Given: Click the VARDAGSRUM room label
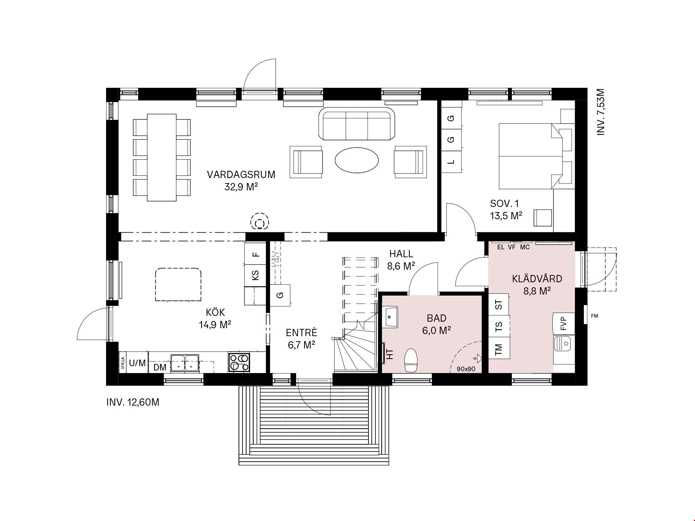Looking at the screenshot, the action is tap(241, 175).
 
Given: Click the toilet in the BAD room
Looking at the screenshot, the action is tap(411, 360).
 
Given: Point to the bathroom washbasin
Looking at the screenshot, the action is tap(391, 317).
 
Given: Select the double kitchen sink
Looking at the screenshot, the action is tap(185, 363).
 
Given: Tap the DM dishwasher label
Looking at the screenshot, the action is tap(160, 368).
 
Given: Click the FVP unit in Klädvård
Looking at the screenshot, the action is tap(564, 323).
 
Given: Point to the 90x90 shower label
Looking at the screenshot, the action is tap(466, 369).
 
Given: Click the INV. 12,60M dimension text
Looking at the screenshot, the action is tap(133, 402).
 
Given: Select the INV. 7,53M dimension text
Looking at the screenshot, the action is tap(601, 112).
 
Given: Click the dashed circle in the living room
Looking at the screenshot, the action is tap(260, 222).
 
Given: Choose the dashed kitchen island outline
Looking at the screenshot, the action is tap(178, 284).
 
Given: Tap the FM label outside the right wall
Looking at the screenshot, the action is tap(594, 316).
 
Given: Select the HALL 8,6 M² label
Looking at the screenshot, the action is tap(401, 260).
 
